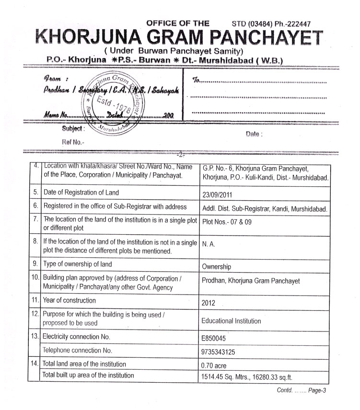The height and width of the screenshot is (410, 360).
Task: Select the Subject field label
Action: pos(73,129)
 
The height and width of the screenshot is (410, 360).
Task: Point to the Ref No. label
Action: pos(72,142)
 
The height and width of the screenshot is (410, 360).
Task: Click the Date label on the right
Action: pos(254,134)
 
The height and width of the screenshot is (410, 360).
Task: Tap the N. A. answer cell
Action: pos(208,243)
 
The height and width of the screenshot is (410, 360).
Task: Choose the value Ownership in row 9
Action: pos(216,267)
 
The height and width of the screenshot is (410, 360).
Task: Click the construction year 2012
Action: pos(209,303)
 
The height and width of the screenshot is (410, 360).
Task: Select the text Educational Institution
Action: pos(231,321)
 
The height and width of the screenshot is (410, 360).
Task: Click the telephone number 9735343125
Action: pos(219,352)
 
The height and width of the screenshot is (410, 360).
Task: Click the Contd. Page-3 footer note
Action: pos(302,390)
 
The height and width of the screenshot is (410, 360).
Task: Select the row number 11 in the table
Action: pos(35,301)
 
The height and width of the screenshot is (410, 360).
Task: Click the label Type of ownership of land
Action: pos(78,264)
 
